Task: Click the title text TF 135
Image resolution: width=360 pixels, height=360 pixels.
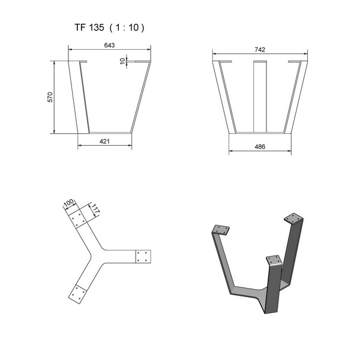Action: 89,28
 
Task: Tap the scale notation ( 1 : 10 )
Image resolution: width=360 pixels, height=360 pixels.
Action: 127,28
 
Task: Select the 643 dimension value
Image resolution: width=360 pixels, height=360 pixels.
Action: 109,45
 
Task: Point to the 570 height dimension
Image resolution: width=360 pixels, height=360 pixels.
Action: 50,97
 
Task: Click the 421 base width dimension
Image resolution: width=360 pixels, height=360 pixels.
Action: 104,142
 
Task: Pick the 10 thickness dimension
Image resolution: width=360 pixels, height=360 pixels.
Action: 122,61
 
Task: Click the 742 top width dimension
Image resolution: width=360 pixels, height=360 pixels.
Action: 260,50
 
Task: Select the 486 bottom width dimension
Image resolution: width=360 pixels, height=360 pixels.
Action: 260,146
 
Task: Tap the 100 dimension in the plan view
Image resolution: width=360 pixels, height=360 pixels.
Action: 68,203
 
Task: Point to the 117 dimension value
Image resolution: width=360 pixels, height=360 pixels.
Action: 95,209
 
